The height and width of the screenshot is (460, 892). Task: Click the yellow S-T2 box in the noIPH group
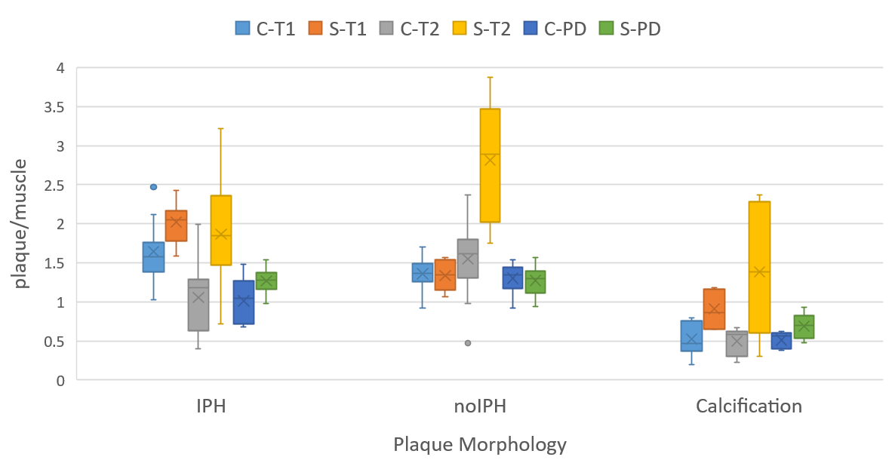pyautogui.click(x=490, y=166)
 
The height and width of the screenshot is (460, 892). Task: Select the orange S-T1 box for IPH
pyautogui.click(x=176, y=225)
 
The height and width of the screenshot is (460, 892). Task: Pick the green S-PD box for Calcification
pyautogui.click(x=804, y=327)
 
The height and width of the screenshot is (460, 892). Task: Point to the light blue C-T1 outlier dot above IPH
pyautogui.click(x=154, y=186)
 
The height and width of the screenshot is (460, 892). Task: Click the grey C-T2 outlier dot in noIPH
pyautogui.click(x=467, y=342)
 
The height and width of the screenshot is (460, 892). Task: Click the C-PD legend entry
pyautogui.click(x=558, y=29)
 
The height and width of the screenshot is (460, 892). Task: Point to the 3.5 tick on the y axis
pyautogui.click(x=54, y=107)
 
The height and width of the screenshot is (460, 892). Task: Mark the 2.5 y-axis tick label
pyautogui.click(x=54, y=185)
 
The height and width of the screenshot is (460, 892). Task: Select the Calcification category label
pyautogui.click(x=749, y=406)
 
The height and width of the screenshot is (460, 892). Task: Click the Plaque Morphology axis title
pyautogui.click(x=479, y=444)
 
